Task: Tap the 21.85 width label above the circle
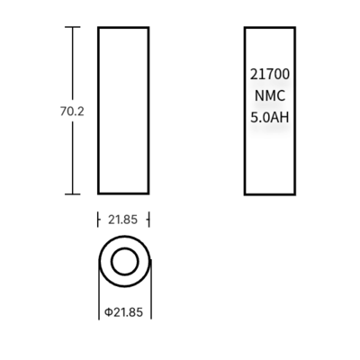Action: [x=122, y=219]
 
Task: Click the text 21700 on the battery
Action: [x=270, y=77]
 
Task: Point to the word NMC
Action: [x=270, y=96]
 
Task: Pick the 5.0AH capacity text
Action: [x=270, y=116]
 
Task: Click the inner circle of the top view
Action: [x=123, y=264]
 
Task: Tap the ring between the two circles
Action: [x=106, y=264]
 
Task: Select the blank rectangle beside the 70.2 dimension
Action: [x=123, y=110]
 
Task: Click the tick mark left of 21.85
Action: [x=98, y=219]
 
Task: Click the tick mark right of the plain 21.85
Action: [x=148, y=219]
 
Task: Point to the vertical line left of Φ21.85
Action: [x=97, y=297]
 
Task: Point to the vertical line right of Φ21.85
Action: [x=149, y=297]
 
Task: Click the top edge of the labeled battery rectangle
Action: [x=270, y=28]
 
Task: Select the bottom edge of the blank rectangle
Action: [x=123, y=193]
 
